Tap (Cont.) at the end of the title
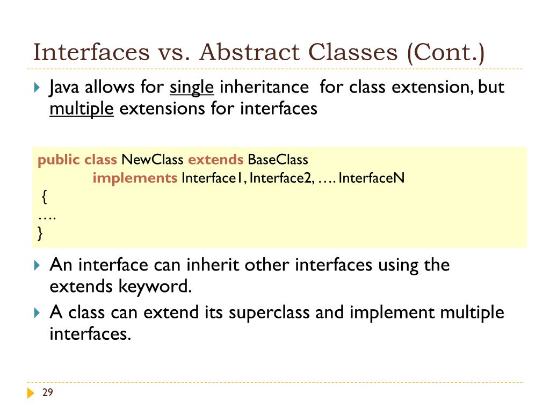click(x=445, y=53)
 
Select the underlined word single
click(x=192, y=87)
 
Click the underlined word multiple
click(x=82, y=109)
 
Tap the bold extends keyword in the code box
click(x=216, y=160)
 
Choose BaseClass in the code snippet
click(x=278, y=160)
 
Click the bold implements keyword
click(x=135, y=178)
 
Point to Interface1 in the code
click(x=213, y=178)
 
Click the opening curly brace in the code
click(x=44, y=197)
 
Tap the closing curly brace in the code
click(x=41, y=233)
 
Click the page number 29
click(x=48, y=393)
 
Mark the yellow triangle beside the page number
click(x=31, y=394)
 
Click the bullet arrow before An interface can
click(x=37, y=265)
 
